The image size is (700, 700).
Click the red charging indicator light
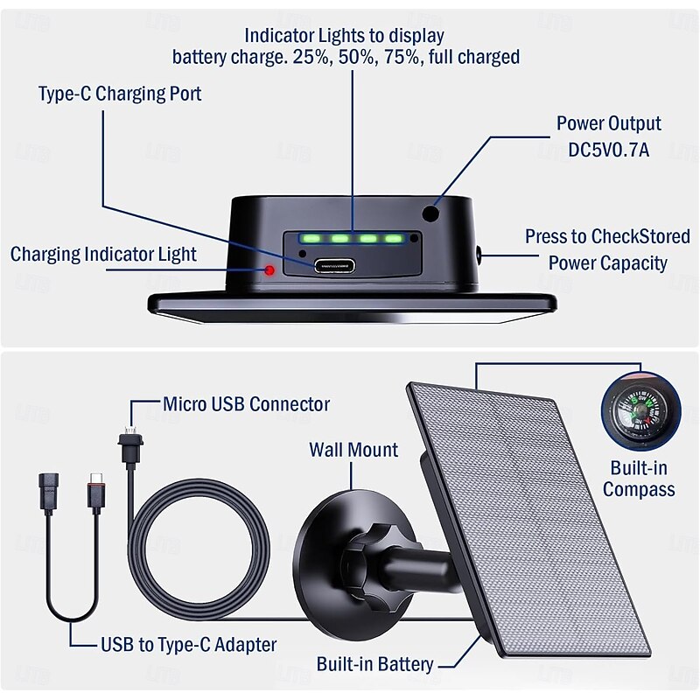270,269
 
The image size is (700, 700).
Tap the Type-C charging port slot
333,264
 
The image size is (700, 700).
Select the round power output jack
430,213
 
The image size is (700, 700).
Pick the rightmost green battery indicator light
393,238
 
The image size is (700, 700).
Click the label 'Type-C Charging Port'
120,94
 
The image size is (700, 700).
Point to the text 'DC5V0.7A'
609,150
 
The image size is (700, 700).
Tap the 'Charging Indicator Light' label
103,255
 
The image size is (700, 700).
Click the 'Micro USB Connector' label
247,404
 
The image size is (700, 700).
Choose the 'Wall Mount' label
353,450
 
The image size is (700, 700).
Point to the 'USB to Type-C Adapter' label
187,645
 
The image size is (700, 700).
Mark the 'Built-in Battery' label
374,664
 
